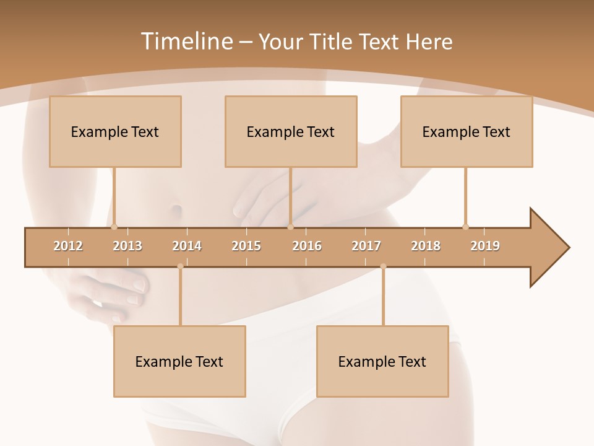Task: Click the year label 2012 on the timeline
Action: tap(68, 246)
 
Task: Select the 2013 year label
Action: tap(127, 246)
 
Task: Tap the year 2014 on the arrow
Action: tap(187, 246)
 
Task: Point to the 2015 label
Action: tap(246, 246)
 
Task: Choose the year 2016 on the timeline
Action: tap(307, 246)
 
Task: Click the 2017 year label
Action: tap(366, 246)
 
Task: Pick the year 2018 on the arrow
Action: tap(426, 246)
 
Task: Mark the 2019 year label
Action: tap(485, 246)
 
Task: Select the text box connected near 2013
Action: tap(115, 131)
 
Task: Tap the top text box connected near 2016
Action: tap(291, 131)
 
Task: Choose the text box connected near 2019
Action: tap(467, 131)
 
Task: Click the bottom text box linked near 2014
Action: tap(179, 361)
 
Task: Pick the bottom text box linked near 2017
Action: tap(382, 361)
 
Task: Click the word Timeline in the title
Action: tap(186, 42)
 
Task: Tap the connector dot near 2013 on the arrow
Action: tap(114, 227)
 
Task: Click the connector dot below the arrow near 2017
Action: tap(383, 266)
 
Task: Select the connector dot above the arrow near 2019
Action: tap(465, 227)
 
